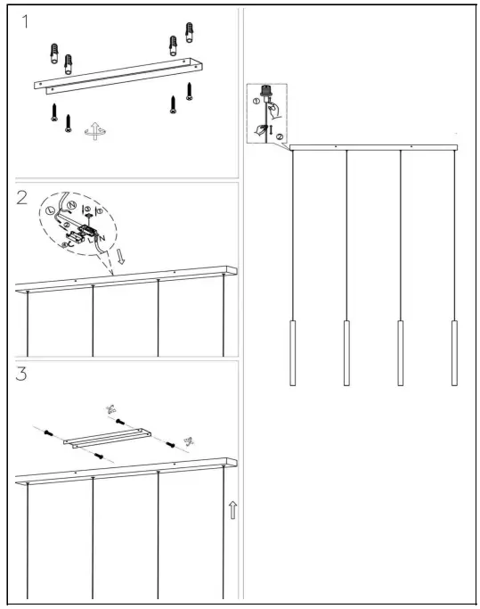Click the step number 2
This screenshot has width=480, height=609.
[x=23, y=199]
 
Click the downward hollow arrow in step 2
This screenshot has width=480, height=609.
[x=120, y=259]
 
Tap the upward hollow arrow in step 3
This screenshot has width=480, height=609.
[x=232, y=510]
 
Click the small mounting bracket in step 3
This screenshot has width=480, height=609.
[x=107, y=440]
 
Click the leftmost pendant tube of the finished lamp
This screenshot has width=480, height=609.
[x=292, y=352]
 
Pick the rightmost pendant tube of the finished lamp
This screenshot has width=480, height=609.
[x=456, y=352]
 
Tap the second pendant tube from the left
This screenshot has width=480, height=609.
[x=346, y=352]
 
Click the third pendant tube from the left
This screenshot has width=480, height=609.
[x=401, y=352]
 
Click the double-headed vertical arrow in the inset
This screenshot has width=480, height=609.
[x=272, y=132]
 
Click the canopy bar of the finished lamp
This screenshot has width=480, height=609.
[x=374, y=147]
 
